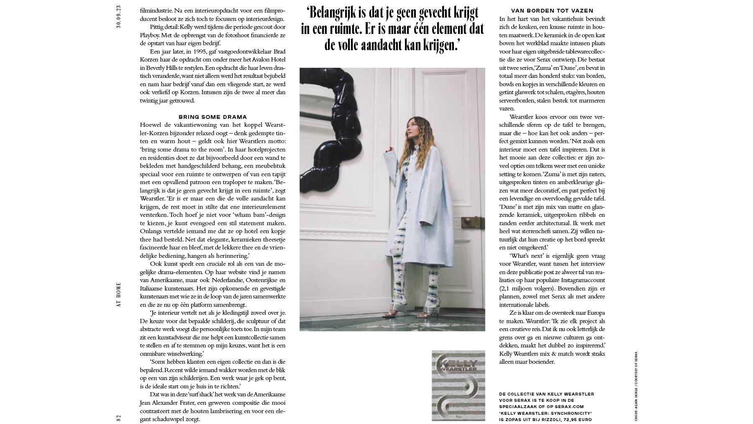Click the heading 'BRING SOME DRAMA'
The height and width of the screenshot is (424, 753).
tap(213, 117)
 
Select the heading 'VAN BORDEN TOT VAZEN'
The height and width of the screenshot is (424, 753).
tap(552, 10)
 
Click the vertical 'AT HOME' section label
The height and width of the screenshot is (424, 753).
tap(119, 295)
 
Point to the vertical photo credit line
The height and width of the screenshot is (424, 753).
tap(636, 385)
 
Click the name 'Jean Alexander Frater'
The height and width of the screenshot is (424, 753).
tap(167, 403)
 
